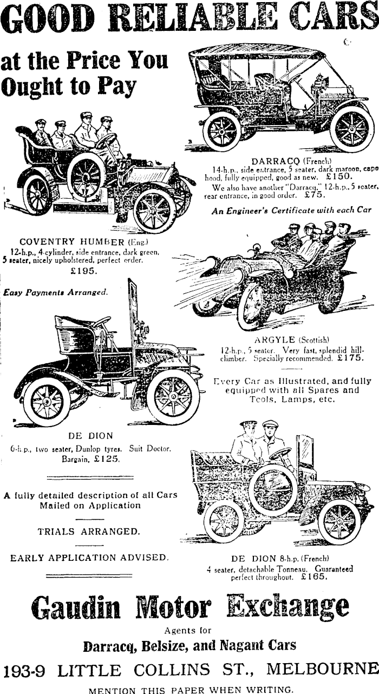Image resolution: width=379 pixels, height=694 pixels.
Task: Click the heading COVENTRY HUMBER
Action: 69,241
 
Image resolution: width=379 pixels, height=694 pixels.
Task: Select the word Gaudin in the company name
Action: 76,608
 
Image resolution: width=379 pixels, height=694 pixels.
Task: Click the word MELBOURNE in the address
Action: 323,669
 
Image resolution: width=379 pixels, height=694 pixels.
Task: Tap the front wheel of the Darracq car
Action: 351,129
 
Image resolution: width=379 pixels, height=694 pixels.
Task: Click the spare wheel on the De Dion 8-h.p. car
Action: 272,489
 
